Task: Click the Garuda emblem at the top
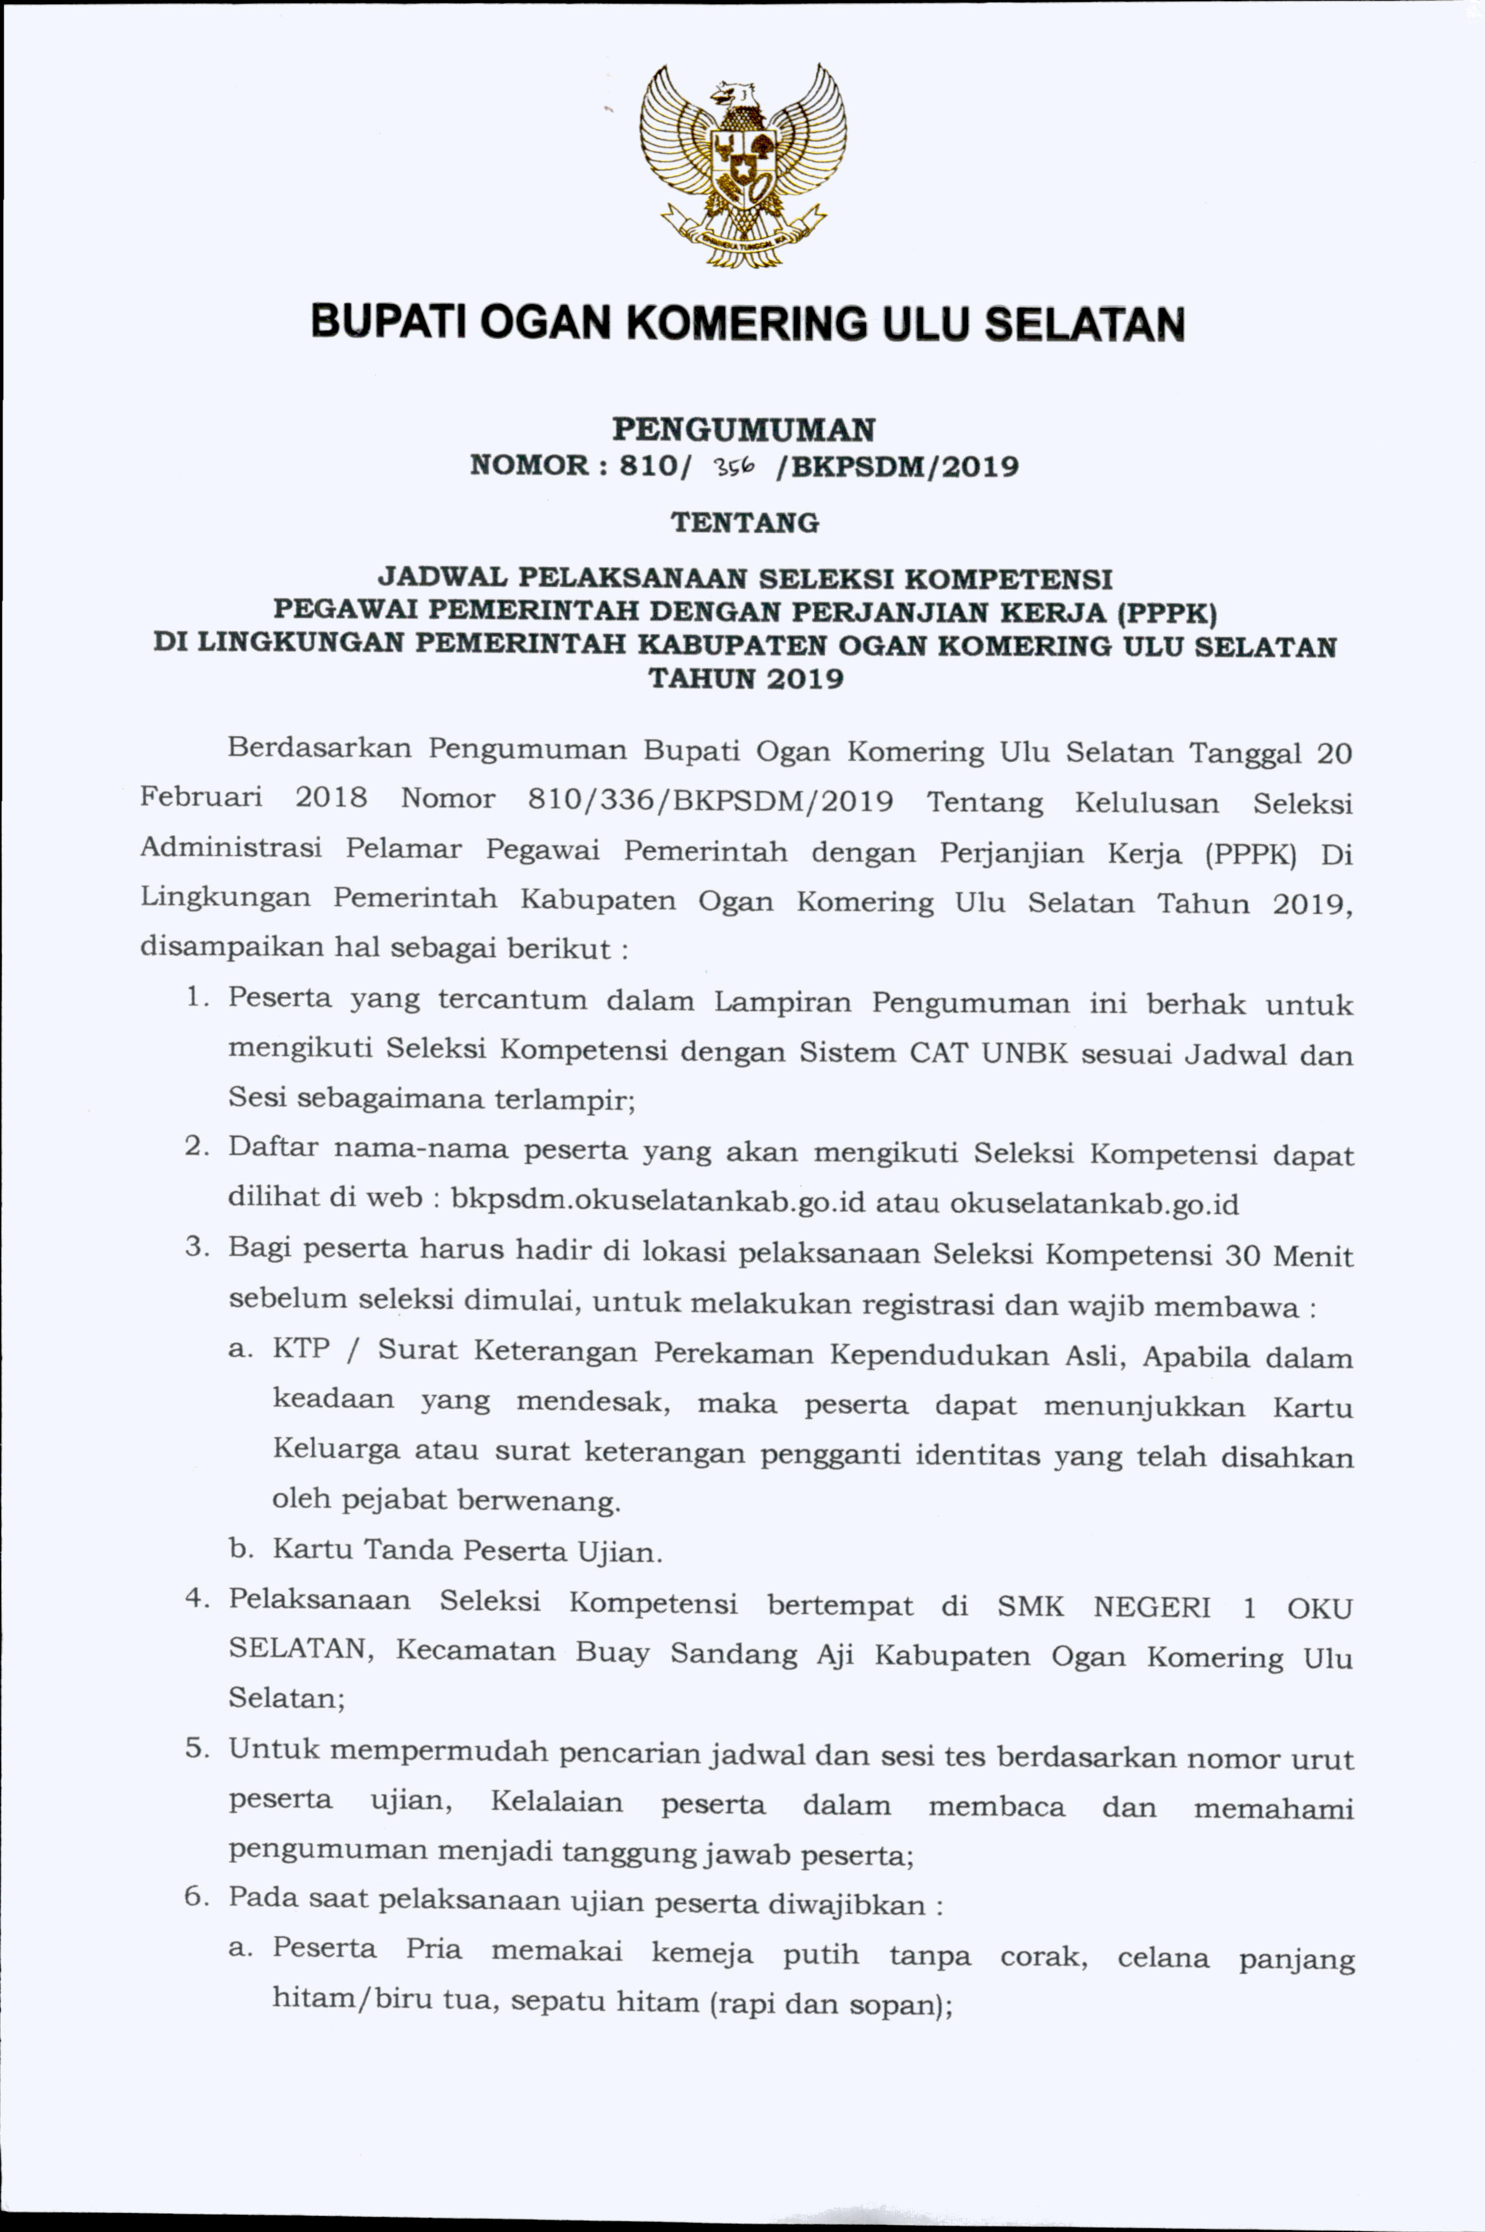742,166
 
